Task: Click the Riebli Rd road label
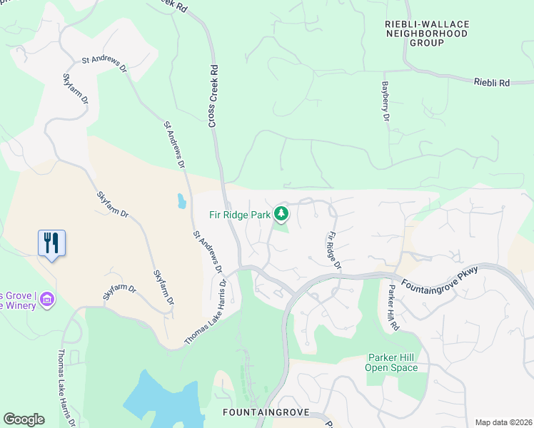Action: [491, 83]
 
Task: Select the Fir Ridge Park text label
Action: [240, 213]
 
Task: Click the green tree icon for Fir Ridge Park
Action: [282, 213]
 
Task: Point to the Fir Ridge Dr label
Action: [333, 250]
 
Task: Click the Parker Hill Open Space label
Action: [391, 362]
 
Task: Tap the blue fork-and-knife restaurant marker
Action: [51, 243]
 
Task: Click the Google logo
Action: [24, 419]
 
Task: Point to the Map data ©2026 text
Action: [503, 422]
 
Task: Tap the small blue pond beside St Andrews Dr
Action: [181, 200]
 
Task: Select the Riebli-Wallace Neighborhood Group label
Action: [427, 34]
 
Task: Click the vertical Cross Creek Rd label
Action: [213, 96]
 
